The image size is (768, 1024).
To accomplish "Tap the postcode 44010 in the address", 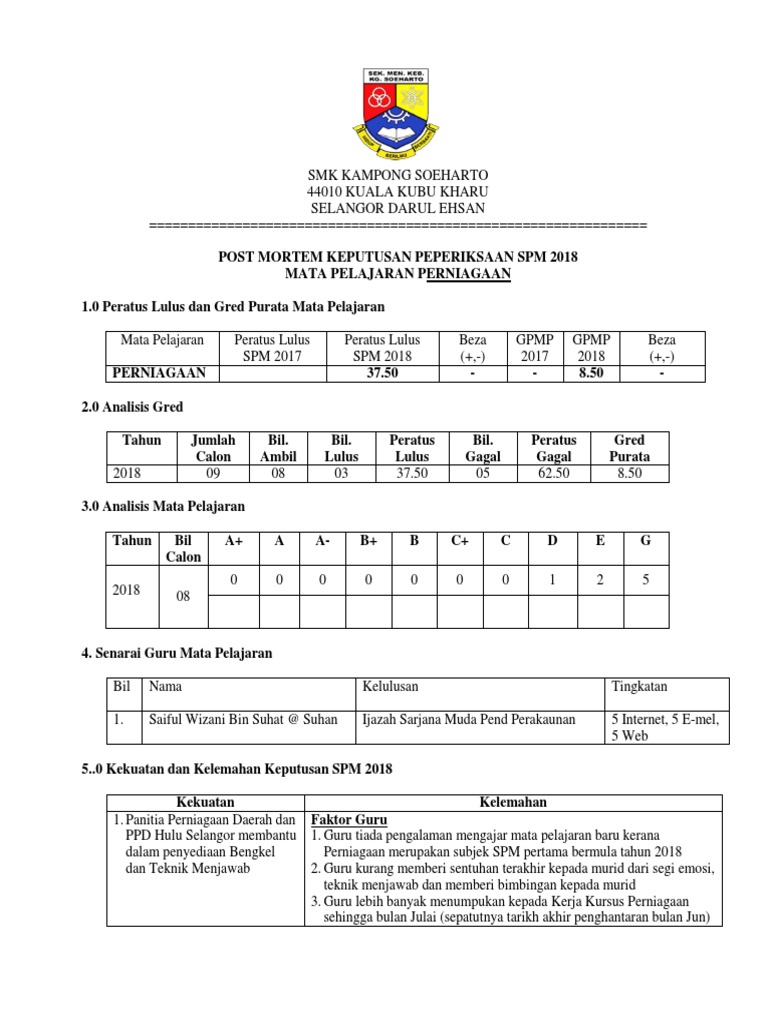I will pyautogui.click(x=324, y=191).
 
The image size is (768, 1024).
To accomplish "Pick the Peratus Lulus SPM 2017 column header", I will pyautogui.click(x=272, y=348).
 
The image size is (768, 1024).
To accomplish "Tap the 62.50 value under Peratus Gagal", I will pyautogui.click(x=554, y=474).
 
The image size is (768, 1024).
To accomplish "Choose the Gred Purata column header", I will pyautogui.click(x=630, y=448).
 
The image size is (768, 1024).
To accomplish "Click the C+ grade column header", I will pyautogui.click(x=460, y=541).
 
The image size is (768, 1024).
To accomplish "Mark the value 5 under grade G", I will pyautogui.click(x=646, y=579).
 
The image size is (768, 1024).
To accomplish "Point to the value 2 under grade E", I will pyautogui.click(x=600, y=579).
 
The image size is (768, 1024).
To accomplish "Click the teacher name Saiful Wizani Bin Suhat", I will pyautogui.click(x=243, y=719).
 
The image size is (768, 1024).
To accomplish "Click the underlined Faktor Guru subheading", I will pyautogui.click(x=349, y=819).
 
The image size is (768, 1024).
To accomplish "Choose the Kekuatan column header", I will pyautogui.click(x=205, y=803).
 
